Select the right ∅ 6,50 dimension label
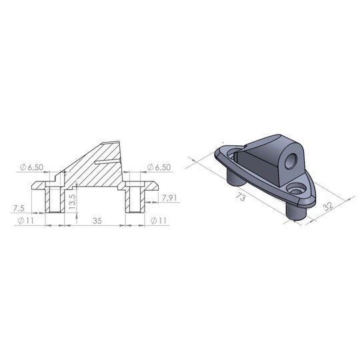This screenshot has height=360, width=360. [x=160, y=166]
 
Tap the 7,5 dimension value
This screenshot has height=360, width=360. [x=20, y=207]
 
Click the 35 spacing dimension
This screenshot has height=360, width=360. [x=97, y=219]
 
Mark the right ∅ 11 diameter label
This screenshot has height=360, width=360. [x=161, y=219]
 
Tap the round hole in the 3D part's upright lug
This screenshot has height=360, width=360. [x=291, y=160]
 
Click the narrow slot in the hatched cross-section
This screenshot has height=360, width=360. [x=107, y=160]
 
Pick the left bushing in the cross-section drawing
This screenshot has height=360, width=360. [x=54, y=197]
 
